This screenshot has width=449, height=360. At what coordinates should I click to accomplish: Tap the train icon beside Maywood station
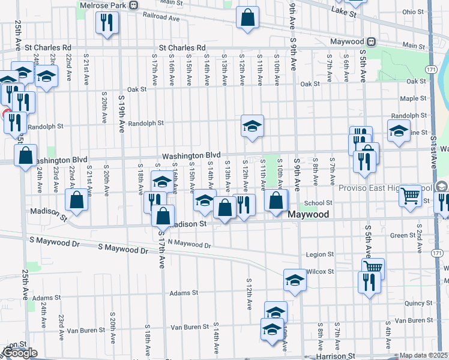point(372,42)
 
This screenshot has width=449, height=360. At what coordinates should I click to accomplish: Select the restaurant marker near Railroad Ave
point(107,23)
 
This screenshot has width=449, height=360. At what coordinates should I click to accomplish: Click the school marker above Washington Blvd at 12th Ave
point(252,125)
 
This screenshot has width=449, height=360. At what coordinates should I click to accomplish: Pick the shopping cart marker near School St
point(411,195)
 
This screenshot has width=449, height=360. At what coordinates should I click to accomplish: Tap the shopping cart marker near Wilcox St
point(372,268)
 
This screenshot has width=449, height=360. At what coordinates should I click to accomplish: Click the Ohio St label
point(413,11)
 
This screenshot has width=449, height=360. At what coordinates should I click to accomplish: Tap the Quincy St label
point(415,304)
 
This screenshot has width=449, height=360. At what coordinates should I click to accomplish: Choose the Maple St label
point(413,98)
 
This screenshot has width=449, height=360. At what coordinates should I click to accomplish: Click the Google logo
point(20,353)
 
